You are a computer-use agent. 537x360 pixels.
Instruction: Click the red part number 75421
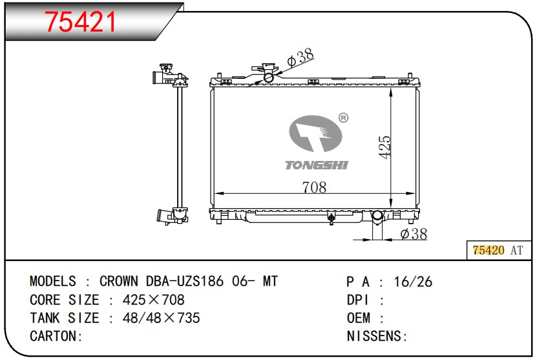[81, 21]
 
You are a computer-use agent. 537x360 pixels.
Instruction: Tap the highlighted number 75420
[489, 250]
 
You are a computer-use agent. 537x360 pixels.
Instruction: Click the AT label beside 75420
[517, 250]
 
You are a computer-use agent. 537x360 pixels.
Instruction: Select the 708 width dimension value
[314, 187]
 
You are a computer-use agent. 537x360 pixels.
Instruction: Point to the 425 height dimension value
[384, 147]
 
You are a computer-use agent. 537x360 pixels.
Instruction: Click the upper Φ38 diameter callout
[300, 58]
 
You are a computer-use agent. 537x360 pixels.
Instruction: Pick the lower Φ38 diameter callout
[414, 234]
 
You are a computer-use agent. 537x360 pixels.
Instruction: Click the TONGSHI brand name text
[317, 165]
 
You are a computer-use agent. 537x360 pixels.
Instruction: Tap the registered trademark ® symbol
[343, 118]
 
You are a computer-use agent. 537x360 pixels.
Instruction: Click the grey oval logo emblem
[315, 134]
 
